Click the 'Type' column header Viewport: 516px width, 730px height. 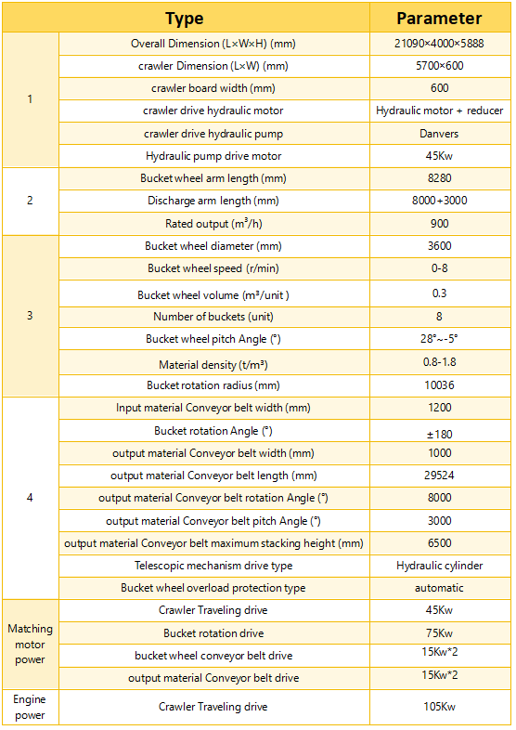[184, 19]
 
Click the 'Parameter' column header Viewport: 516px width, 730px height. [439, 19]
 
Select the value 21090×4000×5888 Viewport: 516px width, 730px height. [439, 44]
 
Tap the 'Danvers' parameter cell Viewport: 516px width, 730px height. [439, 134]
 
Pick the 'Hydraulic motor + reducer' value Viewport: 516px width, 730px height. [439, 111]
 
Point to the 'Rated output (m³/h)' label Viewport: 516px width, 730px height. [214, 224]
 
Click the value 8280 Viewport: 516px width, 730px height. [439, 178]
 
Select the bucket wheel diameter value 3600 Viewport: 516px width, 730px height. [439, 246]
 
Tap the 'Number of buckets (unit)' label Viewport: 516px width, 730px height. [214, 317]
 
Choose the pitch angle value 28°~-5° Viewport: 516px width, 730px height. [439, 339]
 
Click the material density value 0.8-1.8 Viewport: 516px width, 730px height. [439, 363]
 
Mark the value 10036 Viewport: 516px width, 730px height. [439, 385]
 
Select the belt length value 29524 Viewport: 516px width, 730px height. [439, 476]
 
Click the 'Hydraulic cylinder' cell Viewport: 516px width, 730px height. [439, 566]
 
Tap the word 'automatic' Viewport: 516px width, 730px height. [439, 588]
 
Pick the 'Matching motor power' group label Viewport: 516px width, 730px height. [31, 645]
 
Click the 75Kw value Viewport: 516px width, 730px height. [439, 633]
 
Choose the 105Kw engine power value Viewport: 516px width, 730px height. [439, 707]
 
